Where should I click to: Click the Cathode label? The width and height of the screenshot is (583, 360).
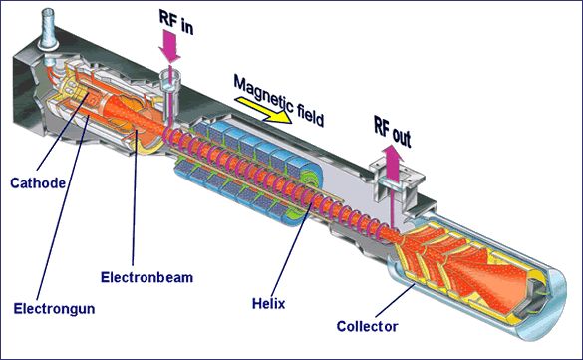[x=38, y=182]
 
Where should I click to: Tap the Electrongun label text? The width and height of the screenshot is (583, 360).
[x=54, y=309]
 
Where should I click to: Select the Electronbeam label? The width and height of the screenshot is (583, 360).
[x=146, y=277]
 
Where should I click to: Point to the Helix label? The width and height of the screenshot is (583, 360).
[x=268, y=304]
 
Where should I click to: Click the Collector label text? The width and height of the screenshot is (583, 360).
[x=367, y=326]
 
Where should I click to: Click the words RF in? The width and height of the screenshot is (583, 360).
[x=176, y=22]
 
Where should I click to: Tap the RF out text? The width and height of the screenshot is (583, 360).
[x=393, y=132]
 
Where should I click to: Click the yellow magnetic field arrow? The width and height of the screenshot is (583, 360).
[x=264, y=110]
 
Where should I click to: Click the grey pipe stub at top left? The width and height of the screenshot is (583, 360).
[x=49, y=29]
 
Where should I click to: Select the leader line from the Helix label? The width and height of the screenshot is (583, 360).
[x=291, y=243]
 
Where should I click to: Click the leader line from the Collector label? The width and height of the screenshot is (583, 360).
[x=396, y=301]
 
